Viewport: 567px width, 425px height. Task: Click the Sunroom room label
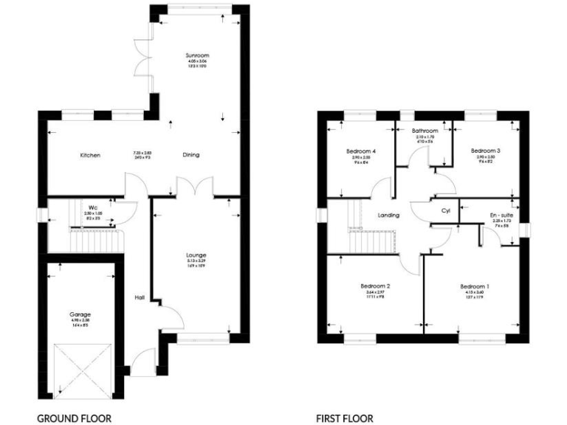(198, 55)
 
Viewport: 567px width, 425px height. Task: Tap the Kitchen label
(90, 155)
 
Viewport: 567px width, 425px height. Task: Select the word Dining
(191, 155)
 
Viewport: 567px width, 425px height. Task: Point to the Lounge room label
(196, 255)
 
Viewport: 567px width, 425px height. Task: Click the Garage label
(80, 314)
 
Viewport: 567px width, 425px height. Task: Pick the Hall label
(139, 297)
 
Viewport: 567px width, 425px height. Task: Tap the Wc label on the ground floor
(93, 207)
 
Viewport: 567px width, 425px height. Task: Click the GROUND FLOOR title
(74, 418)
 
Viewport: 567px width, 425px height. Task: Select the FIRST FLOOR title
(345, 418)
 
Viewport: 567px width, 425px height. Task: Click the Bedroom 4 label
(361, 151)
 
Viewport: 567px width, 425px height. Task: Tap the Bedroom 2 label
(375, 286)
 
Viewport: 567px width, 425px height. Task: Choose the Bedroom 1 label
(475, 286)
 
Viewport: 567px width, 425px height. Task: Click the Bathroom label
(426, 131)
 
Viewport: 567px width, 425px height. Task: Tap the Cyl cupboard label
(445, 210)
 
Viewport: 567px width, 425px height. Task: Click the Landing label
(388, 215)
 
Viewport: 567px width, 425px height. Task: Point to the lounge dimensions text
(196, 262)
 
